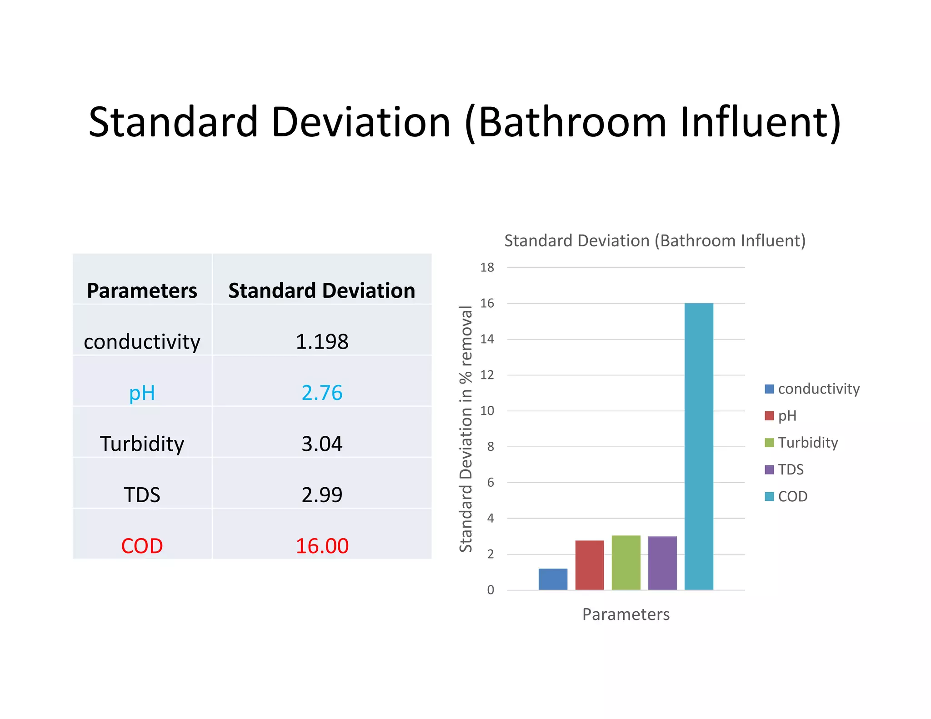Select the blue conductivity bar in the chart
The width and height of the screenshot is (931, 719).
pos(553,579)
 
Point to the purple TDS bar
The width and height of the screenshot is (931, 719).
pos(662,563)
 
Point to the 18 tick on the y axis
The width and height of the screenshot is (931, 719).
pos(487,268)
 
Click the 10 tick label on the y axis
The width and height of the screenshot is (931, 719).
pos(487,411)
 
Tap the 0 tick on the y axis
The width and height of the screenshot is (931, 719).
pos(491,590)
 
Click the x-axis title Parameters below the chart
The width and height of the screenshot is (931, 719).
pos(626,614)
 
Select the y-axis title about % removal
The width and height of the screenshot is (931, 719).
pos(466,429)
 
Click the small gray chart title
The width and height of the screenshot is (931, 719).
pos(655,241)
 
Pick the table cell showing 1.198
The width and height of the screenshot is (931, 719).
pos(322,342)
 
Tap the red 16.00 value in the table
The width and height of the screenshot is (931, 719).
pos(322,546)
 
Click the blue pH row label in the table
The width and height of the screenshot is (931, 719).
pos(142,393)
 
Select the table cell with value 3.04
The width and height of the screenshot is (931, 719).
pos(322,444)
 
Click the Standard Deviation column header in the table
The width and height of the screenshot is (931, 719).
pos(322,291)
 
